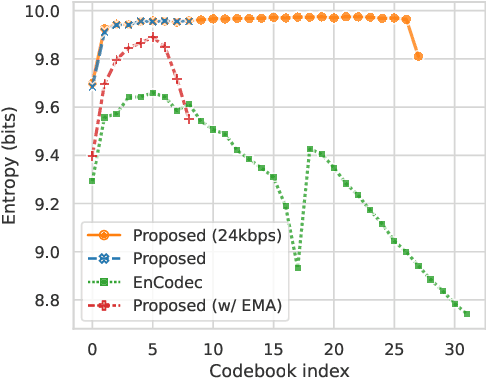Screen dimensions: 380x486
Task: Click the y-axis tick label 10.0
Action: click(x=40, y=12)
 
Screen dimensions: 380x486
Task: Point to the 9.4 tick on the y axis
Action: click(x=45, y=156)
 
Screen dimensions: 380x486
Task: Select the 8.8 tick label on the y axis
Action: click(x=45, y=300)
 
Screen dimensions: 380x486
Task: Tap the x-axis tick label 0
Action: click(x=92, y=351)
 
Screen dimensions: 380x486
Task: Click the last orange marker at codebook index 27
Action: click(x=418, y=56)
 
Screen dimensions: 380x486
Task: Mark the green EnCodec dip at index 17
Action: click(x=297, y=267)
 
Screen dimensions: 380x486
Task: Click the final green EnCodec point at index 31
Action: click(x=467, y=314)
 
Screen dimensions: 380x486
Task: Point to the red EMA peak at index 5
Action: click(x=153, y=37)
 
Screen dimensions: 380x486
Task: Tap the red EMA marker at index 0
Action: click(x=92, y=156)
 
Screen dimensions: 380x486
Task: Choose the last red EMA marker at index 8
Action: click(x=189, y=119)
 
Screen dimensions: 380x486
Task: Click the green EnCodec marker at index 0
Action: click(x=92, y=181)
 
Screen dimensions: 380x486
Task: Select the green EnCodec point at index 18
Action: click(x=310, y=149)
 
